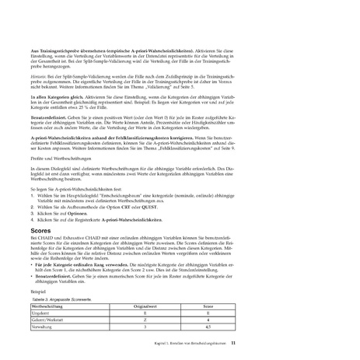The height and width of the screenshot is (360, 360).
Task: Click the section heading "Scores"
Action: pos(41,231)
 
